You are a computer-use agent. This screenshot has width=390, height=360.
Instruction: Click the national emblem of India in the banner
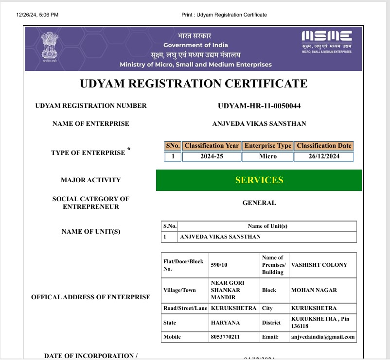pos(49,47)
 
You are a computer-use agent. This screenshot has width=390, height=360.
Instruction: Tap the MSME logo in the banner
pos(326,40)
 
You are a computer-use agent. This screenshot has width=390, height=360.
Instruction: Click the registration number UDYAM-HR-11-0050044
pos(259,106)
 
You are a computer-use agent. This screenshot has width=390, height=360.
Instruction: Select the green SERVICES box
pos(259,180)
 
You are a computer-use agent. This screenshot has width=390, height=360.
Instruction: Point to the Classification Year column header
pos(212,146)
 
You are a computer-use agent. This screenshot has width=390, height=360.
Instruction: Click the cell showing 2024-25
pos(212,156)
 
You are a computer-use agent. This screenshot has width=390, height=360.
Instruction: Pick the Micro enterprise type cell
pos(268,156)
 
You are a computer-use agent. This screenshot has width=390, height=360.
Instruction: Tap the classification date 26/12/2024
pos(324,156)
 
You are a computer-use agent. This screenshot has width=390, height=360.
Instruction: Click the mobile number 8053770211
pos(226,337)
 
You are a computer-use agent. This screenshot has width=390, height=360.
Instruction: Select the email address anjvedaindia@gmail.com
pos(323,337)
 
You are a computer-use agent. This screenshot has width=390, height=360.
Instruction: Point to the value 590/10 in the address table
pos(219,265)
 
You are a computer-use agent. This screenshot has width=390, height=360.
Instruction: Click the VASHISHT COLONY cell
pos(319,265)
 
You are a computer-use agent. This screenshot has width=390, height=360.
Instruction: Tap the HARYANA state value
pos(225,323)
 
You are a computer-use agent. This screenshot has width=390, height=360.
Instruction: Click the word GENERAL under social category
pos(259,203)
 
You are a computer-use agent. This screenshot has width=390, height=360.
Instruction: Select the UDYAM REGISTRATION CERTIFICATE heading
pos(194,84)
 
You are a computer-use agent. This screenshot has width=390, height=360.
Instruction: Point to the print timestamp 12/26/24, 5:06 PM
pos(37,15)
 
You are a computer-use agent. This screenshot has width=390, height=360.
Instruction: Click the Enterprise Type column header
pos(268,146)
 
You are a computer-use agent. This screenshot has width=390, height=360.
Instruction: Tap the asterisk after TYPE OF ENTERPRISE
pos(129,149)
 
